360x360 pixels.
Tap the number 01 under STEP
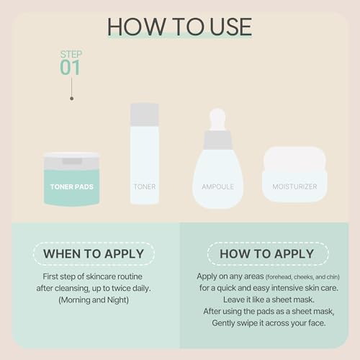pos(70,68)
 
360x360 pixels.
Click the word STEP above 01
pos(70,53)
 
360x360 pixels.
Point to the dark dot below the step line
pos(71,98)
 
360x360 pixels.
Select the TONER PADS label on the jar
pos(71,186)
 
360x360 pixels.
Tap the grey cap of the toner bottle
pos(144,112)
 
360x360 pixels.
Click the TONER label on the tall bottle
pos(144,186)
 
